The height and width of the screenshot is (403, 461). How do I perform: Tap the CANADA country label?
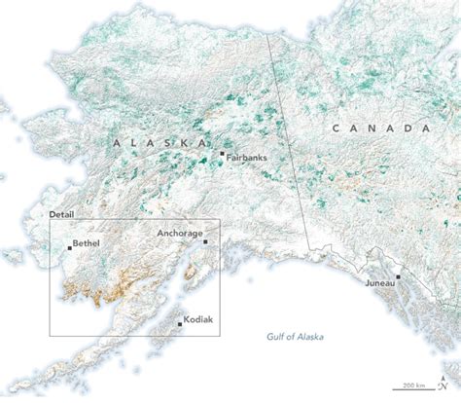tap(380, 128)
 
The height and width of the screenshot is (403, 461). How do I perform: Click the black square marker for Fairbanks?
tap(223, 154)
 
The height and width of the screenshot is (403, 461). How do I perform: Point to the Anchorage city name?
tap(181, 234)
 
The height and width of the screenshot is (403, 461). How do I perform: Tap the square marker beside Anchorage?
tap(204, 240)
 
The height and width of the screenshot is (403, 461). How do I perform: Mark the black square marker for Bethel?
tap(69, 247)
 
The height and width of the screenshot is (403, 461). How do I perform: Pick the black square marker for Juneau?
tap(398, 277)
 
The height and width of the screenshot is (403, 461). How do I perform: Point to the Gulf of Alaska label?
tap(296, 337)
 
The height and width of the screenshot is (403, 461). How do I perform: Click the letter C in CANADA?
tap(334, 128)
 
